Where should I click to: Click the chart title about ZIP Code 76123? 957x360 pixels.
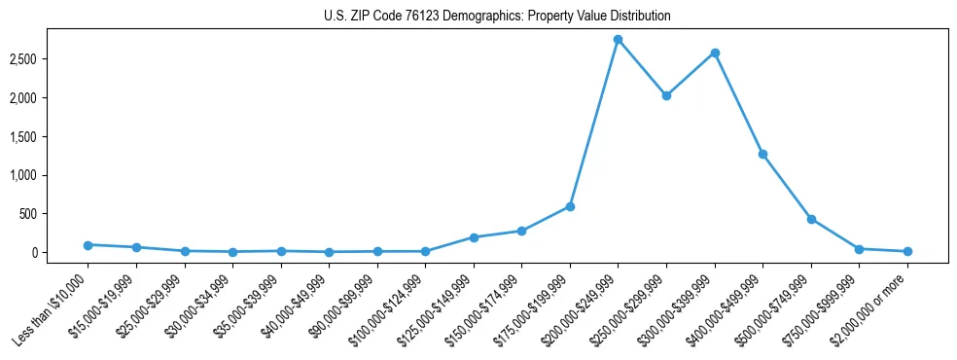point(497,17)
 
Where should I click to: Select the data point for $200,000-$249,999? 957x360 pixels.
point(618,40)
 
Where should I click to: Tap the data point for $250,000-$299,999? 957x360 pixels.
point(666,95)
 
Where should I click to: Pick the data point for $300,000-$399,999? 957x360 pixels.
point(715,53)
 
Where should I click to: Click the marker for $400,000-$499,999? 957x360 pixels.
point(762,154)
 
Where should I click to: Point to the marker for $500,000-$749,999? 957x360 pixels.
point(811,219)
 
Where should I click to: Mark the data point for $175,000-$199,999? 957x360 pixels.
point(570,206)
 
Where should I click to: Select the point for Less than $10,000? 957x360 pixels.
point(88,245)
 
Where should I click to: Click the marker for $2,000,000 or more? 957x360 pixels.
point(907,251)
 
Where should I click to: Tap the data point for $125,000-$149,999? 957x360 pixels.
point(474,237)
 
